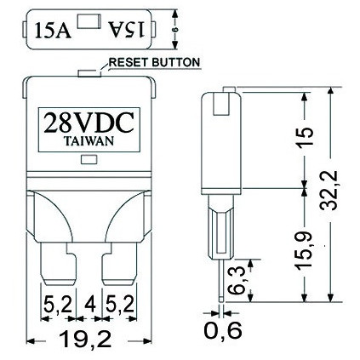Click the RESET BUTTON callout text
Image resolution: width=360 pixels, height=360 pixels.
[x=155, y=62]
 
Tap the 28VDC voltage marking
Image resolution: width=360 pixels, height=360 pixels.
[x=89, y=123]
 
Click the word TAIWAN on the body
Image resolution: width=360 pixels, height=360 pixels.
[x=89, y=141]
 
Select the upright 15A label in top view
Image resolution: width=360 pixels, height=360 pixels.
[x=53, y=30]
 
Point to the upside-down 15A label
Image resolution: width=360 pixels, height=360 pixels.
[x=127, y=30]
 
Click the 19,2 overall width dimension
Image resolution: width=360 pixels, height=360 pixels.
[x=85, y=339]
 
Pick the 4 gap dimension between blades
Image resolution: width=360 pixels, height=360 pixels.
[x=89, y=305]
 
